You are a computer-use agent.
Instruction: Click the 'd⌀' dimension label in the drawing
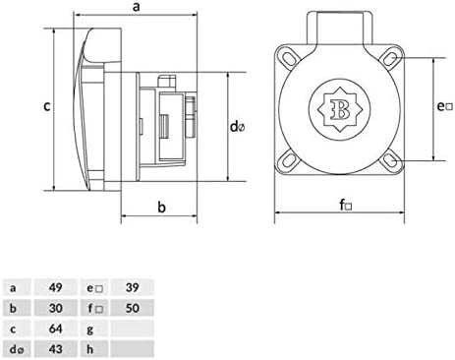click(x=237, y=127)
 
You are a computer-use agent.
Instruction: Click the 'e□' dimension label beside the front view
click(x=445, y=104)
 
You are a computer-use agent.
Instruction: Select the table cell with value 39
click(x=132, y=288)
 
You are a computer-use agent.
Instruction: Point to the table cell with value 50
click(x=132, y=308)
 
